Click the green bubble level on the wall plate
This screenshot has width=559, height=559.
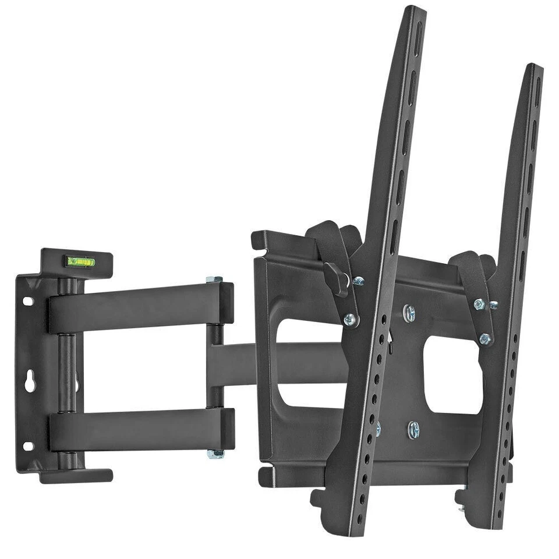tap(81, 261)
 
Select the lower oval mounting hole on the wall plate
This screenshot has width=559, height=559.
tap(27, 446)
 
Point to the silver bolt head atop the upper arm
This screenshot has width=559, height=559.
tap(214, 280)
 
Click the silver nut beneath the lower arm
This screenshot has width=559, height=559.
tap(215, 454)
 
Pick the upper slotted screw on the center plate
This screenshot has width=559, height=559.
tap(409, 313)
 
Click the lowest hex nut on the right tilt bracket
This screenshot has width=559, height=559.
tap(485, 338)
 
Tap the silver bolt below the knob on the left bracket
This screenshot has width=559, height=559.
tap(350, 319)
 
